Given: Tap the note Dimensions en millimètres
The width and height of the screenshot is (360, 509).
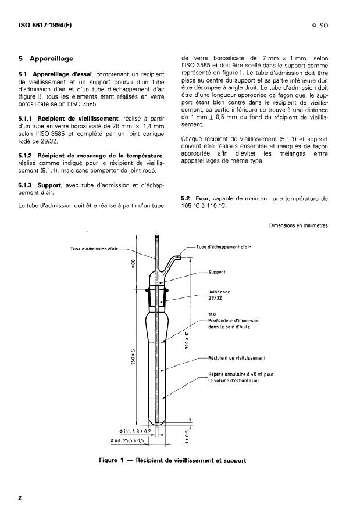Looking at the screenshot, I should point(298,225).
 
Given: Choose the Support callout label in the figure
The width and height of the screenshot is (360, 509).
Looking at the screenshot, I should point(216,271).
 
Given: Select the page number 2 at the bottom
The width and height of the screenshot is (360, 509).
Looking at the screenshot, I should point(20,498).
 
